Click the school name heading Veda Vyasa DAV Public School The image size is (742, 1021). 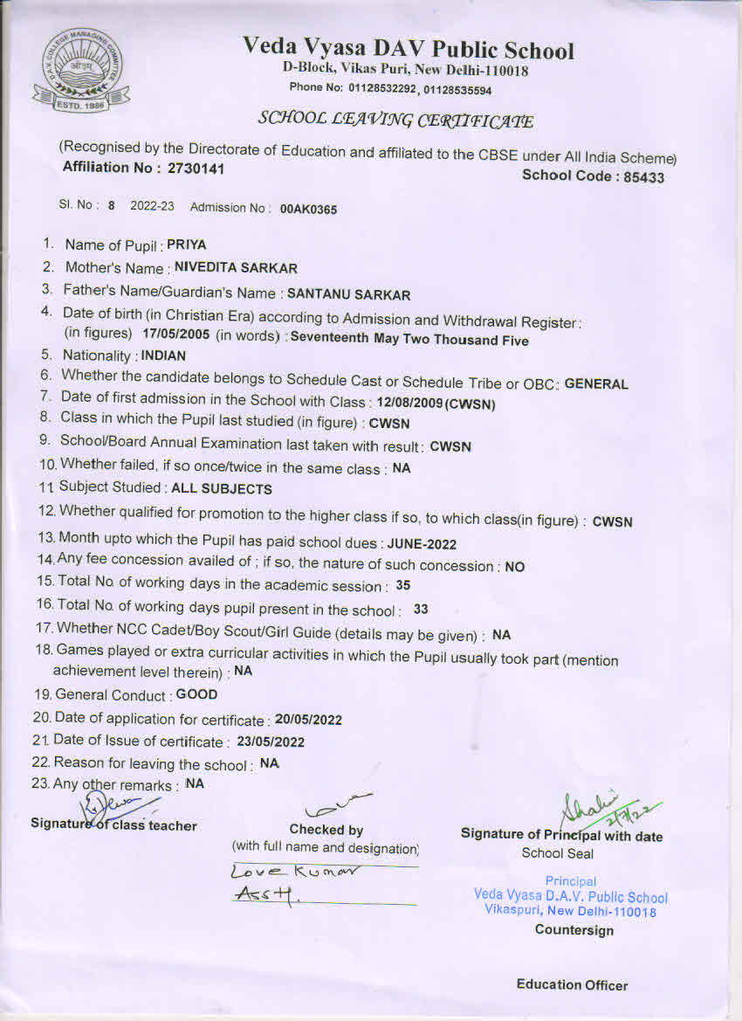[x=409, y=49]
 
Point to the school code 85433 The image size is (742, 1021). [x=642, y=177]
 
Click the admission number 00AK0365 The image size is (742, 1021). [x=308, y=210]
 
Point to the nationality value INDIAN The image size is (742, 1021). [x=163, y=356]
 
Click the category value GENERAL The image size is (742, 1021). [x=596, y=383]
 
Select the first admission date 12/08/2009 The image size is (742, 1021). [x=407, y=404]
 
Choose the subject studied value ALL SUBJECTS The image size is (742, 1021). [x=222, y=489]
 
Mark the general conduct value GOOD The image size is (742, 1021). [x=197, y=695]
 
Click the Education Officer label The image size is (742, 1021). [x=572, y=985]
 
